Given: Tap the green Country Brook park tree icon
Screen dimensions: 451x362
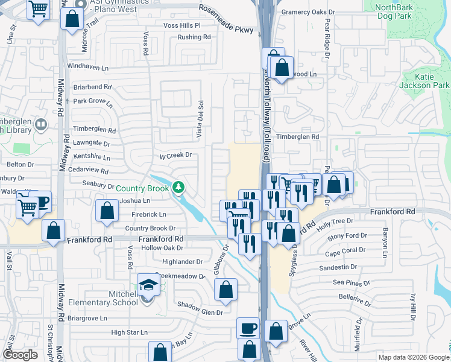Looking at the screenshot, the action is click(x=178, y=188).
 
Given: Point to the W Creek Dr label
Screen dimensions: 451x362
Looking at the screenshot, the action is click(x=175, y=155).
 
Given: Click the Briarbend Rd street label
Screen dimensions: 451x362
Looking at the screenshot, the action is click(x=92, y=87).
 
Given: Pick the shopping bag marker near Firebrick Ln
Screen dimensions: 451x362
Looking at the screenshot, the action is click(x=107, y=211).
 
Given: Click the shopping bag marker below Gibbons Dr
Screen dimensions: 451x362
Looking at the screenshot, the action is click(x=225, y=289).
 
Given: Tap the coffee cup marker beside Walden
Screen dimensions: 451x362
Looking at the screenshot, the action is click(x=41, y=201).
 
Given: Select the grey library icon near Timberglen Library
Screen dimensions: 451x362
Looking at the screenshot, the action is click(x=41, y=125).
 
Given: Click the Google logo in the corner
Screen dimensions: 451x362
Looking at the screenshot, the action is click(x=20, y=355).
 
